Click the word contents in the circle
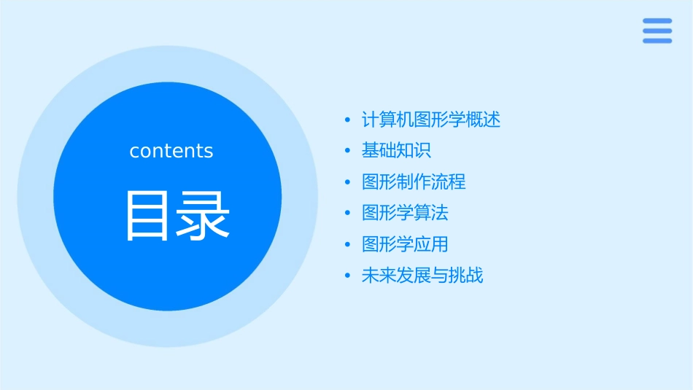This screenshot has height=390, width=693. (171, 151)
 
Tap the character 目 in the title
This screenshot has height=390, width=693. (148, 216)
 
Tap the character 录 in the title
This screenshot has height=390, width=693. (204, 216)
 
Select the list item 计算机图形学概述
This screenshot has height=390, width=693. (431, 120)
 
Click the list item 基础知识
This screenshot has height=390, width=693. (396, 151)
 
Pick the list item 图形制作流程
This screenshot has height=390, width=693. (414, 182)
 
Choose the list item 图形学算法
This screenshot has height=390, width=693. (405, 213)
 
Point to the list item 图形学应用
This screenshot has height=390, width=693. (405, 244)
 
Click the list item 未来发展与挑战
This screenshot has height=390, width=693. (422, 276)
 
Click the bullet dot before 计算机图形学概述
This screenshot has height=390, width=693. (348, 120)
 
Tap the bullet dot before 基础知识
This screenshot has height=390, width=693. (348, 152)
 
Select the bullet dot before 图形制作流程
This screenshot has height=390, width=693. (348, 182)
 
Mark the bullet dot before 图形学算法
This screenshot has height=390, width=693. (348, 214)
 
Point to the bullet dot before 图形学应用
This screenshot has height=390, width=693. (348, 245)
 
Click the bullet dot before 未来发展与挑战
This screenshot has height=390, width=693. (348, 276)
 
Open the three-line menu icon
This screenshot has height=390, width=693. (657, 31)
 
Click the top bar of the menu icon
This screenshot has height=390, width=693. (657, 21)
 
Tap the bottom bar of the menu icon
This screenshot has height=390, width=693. (657, 41)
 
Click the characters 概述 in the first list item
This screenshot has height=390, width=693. (484, 120)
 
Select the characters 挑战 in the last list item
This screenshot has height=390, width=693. (466, 276)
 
